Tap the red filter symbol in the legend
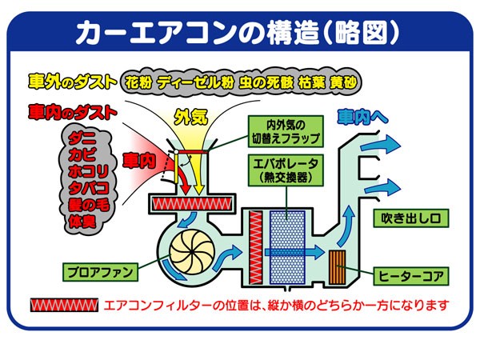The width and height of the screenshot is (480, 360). coord(63,306)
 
